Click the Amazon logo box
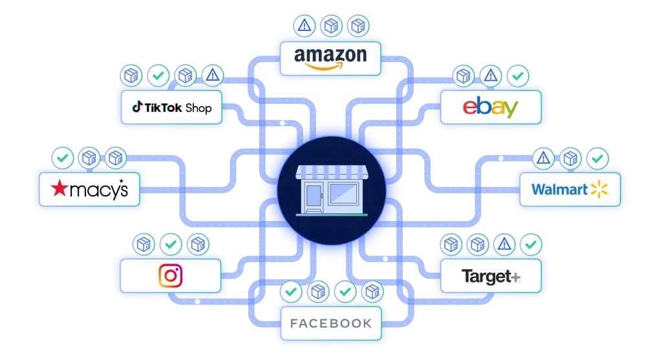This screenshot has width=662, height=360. tap(330, 58)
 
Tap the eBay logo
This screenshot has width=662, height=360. tap(490, 107)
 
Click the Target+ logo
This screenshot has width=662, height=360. tap(491, 277)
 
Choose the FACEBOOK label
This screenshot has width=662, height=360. tap(331, 323)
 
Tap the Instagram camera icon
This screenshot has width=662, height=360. tap(171, 276)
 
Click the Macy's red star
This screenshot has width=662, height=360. tap(59, 189)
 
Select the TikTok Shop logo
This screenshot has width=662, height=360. tap(172, 107)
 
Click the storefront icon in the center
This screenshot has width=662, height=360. tap(331, 189)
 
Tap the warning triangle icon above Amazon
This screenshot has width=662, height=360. tap(303, 26)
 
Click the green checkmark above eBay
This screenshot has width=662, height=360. tap(517, 76)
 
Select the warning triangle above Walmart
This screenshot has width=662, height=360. tap(543, 157)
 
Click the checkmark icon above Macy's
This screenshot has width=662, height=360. tap(62, 156)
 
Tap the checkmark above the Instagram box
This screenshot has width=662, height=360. tap(171, 244)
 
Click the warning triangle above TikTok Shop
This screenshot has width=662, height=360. tap(212, 76)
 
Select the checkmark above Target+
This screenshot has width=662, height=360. tap(531, 244)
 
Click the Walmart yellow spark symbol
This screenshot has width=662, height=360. tap(599, 189)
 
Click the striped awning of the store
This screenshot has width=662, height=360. tap(331, 173)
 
